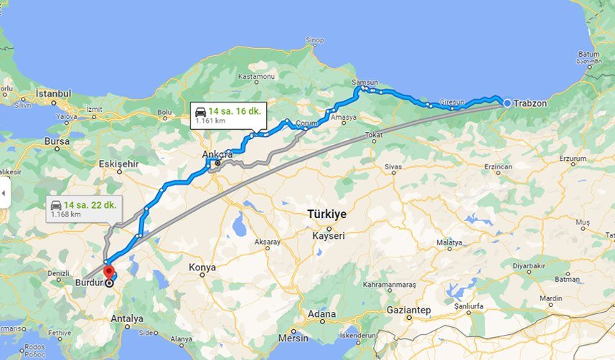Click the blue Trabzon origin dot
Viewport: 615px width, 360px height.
click(507, 103)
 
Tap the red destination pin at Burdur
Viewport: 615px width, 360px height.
click(108, 273)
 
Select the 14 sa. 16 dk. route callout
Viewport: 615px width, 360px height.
click(230, 115)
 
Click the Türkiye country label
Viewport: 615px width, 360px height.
click(327, 214)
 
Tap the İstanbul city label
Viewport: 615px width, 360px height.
click(54, 93)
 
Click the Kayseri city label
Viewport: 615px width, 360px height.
click(329, 235)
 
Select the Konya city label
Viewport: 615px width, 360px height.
click(202, 267)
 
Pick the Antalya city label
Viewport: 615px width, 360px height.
click(128, 318)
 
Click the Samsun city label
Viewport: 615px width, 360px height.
click(365, 82)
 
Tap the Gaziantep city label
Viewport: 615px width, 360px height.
click(408, 310)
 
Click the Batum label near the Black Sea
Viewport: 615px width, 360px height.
click(588, 54)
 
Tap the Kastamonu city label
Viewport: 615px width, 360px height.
click(257, 76)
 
